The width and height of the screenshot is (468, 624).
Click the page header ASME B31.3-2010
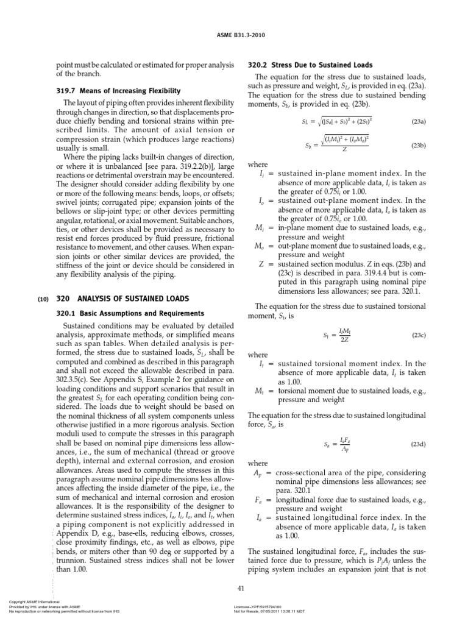pyautogui.click(x=234, y=34)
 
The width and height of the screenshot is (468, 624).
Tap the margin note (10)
pyautogui.click(x=43, y=299)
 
